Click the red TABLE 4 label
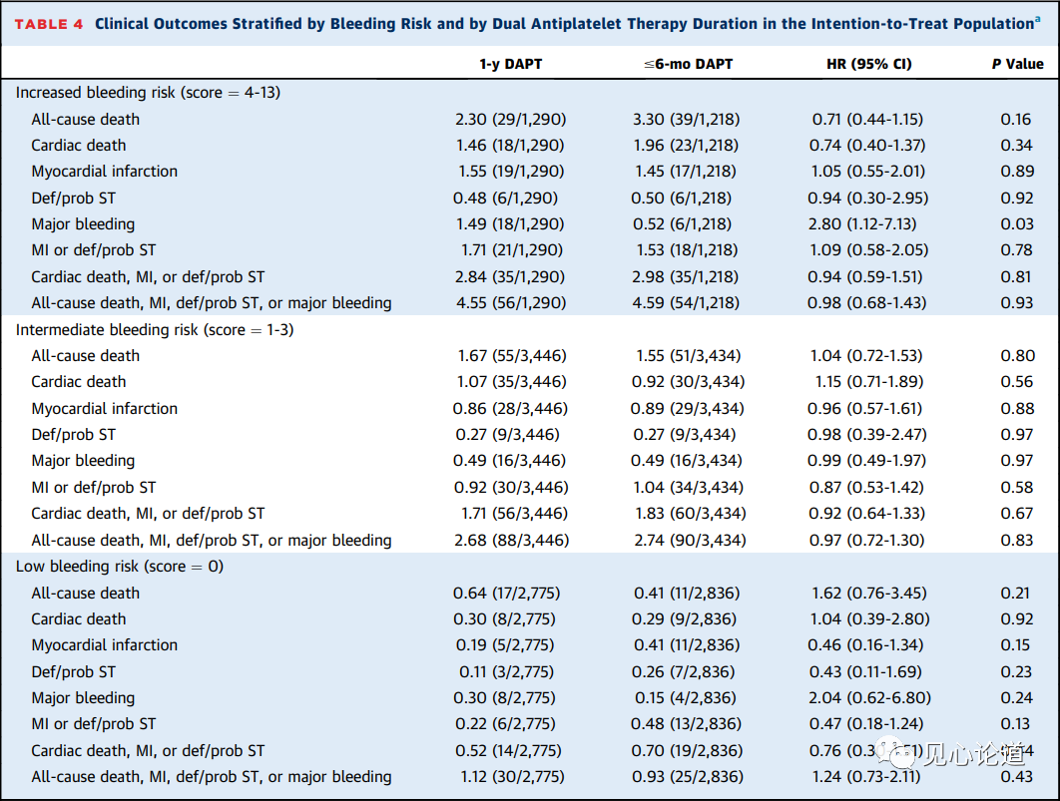49,24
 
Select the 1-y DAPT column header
510,64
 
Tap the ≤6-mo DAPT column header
688,64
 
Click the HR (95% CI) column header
868,64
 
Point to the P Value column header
1017,64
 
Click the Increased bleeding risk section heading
148,93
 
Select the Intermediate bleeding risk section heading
155,329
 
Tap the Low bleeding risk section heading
120,566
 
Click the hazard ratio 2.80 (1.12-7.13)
868,224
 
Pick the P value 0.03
1017,224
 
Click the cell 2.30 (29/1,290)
510,120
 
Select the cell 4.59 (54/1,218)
686,303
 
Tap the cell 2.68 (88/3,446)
511,541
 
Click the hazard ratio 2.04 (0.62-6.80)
869,697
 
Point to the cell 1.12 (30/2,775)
512,777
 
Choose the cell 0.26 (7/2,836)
684,672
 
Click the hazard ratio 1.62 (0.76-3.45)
868,593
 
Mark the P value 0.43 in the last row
1017,777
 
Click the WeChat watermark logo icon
897,753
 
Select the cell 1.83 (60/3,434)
691,514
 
